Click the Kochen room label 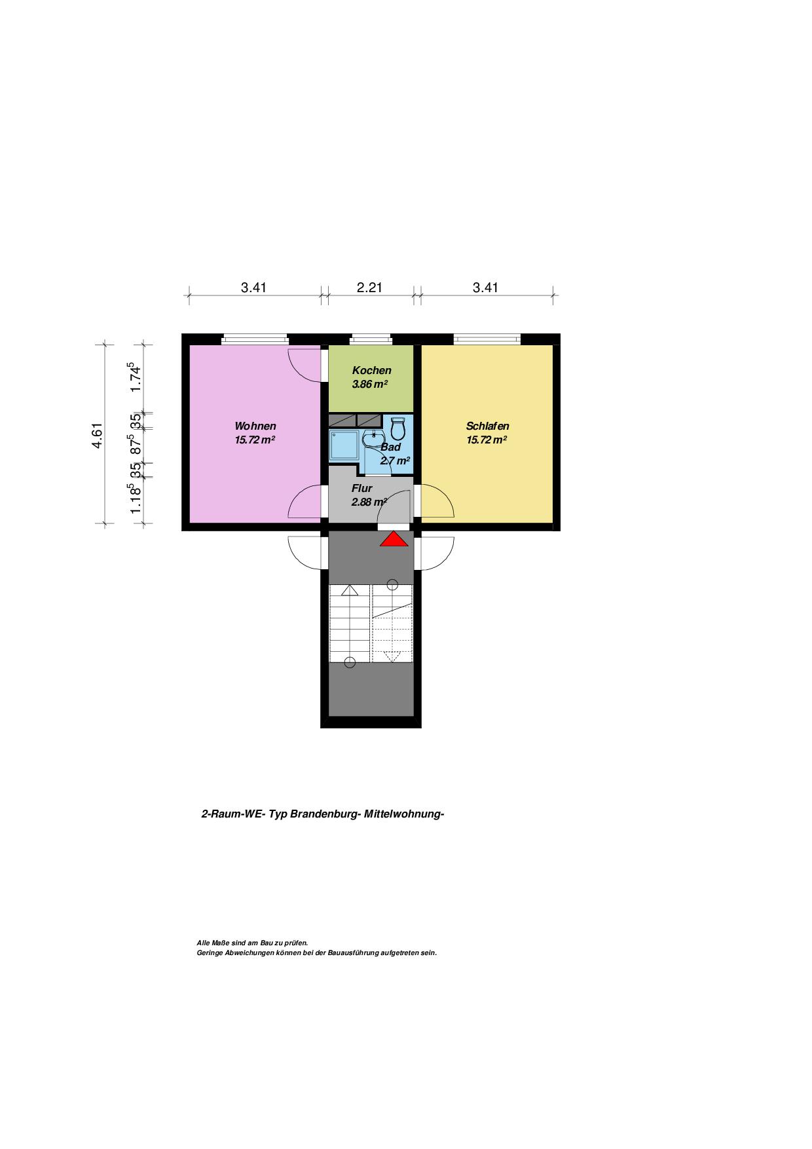coord(371,370)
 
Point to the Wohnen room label coord(255,426)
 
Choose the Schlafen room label coord(487,426)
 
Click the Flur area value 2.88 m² coord(369,502)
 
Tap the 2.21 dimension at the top coord(369,287)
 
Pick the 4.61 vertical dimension coord(97,436)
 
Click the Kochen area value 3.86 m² coord(369,384)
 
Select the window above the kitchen coord(371,339)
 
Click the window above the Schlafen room coord(487,339)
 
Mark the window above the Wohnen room coord(255,339)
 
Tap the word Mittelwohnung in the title coord(403,814)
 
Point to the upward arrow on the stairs coord(350,590)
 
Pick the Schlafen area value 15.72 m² coord(487,440)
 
